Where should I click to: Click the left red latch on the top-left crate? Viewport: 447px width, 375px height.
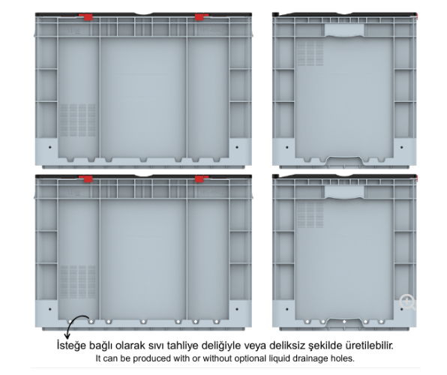pyautogui.click(x=86, y=16)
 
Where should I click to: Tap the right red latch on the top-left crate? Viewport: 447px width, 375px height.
pyautogui.click(x=201, y=16)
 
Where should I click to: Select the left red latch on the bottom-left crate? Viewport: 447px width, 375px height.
pyautogui.click(x=86, y=178)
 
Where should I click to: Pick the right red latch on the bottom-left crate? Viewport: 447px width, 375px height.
pyautogui.click(x=201, y=178)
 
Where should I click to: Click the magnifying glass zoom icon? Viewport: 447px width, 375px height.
pyautogui.click(x=407, y=302)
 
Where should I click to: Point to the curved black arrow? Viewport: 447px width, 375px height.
pyautogui.click(x=75, y=320)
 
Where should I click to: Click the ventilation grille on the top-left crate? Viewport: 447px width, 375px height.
pyautogui.click(x=77, y=120)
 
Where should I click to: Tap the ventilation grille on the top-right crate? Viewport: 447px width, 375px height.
pyautogui.click(x=310, y=53)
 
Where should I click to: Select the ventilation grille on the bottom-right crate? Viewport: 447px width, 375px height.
pyautogui.click(x=310, y=215)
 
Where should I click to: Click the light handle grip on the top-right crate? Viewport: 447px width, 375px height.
pyautogui.click(x=344, y=31)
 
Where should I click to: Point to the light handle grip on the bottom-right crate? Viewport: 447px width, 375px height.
pyautogui.click(x=344, y=192)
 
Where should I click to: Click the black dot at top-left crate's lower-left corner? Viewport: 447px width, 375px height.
pyautogui.click(x=50, y=148)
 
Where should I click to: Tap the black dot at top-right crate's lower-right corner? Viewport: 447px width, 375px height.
pyautogui.click(x=402, y=148)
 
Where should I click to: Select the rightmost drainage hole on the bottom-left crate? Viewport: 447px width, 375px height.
pyautogui.click(x=216, y=322)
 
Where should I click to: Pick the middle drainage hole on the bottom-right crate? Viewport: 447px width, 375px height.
pyautogui.click(x=344, y=322)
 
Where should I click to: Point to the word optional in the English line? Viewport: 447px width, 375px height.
pyautogui.click(x=249, y=358)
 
